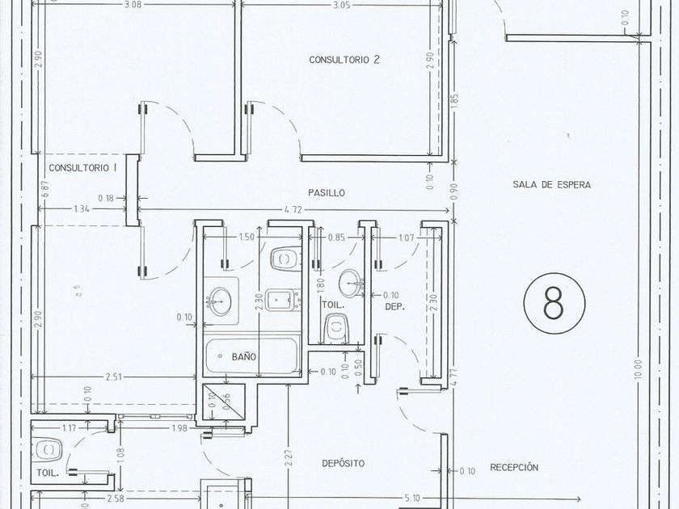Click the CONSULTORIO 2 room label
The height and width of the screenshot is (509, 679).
pos(344,60)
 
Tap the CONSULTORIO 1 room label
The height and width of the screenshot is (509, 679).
pos(82,168)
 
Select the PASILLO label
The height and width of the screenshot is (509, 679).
pos(327,192)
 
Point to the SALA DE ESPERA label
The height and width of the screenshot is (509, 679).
pos(551,185)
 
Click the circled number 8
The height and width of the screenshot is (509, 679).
pos(555,303)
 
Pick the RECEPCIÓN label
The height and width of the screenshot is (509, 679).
pos(514,468)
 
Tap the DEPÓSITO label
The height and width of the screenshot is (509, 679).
pos(343,464)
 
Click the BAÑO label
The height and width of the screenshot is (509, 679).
pos(244,357)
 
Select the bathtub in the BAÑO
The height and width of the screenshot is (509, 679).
pos(253,355)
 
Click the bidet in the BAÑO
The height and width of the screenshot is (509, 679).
pos(283,300)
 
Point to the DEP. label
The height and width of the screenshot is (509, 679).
pos(395,307)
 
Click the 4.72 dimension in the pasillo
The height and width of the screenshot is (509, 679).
pos(293,210)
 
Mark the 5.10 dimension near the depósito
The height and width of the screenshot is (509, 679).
pos(413,498)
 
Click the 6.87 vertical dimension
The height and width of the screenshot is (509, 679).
pos(46,189)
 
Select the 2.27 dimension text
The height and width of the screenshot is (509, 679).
pos(289,458)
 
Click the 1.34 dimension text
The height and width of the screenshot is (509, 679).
pos(82,209)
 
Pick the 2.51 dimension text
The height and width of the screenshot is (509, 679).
pos(113,377)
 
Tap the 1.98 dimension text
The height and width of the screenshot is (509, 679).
pos(179,428)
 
